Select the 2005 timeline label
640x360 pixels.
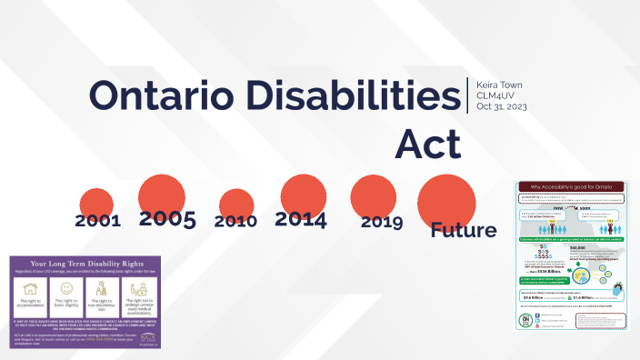[x=167, y=218]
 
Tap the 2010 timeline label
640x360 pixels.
[x=235, y=220]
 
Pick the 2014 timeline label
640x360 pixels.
[x=300, y=218]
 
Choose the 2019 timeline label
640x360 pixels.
[x=382, y=222]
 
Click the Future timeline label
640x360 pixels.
[x=464, y=230]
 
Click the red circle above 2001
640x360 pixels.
[x=95, y=203]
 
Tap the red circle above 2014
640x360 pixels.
[x=303, y=195]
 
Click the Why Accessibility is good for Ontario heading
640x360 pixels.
[x=572, y=187]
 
